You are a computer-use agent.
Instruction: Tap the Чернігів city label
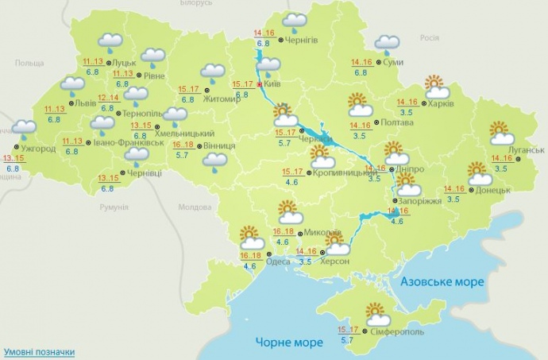pyautogui.click(x=301, y=40)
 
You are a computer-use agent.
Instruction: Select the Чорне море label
pyautogui.click(x=289, y=343)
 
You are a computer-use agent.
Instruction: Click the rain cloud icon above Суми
pyautogui.click(x=388, y=45)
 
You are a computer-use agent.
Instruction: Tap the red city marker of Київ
pyautogui.click(x=259, y=83)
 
